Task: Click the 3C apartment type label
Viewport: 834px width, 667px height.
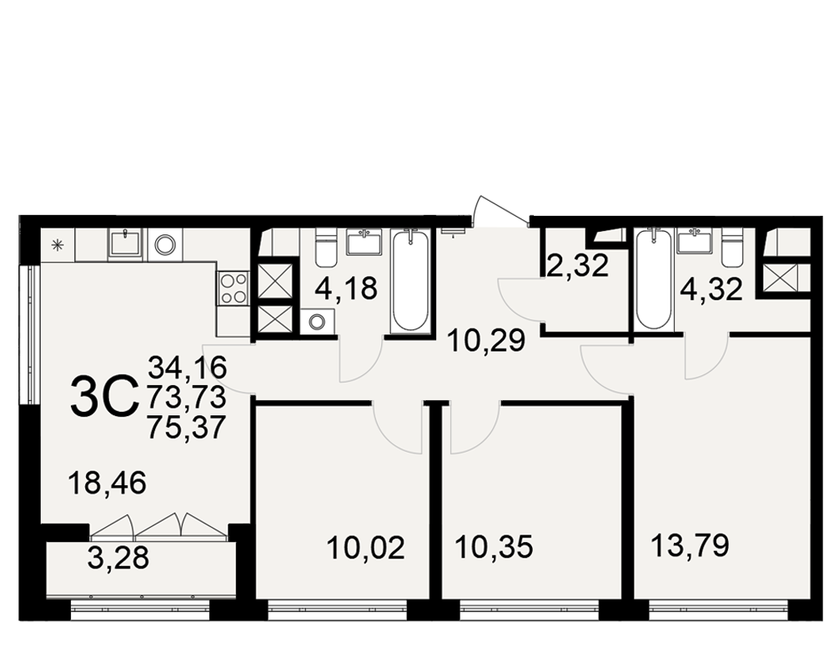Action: (103, 396)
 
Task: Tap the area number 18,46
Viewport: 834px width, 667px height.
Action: (107, 484)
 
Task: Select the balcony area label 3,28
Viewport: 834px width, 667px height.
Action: (118, 558)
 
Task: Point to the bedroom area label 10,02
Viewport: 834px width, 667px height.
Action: (366, 548)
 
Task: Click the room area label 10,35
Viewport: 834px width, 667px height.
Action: (494, 548)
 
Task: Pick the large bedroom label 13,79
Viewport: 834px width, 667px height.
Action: (690, 546)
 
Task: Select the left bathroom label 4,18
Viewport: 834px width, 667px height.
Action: (346, 288)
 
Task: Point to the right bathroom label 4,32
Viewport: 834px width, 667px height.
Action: (711, 290)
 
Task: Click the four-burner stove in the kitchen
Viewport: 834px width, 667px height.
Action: (233, 288)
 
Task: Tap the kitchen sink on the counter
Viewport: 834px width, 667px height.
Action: (125, 243)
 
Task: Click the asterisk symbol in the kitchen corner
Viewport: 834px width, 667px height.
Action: (58, 245)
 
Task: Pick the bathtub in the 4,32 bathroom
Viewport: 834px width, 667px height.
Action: (653, 278)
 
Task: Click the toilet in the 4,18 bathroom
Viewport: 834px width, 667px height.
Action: (325, 247)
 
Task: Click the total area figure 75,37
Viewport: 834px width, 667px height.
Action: (188, 428)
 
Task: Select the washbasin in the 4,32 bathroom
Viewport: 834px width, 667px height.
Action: (694, 240)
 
